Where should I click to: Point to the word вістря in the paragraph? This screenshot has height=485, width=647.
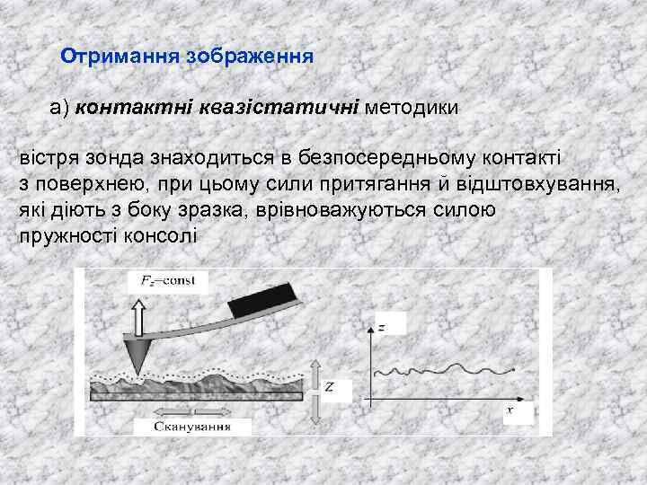click(50, 158)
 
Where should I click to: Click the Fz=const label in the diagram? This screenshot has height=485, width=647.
click(173, 282)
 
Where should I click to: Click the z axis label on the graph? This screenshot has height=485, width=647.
click(383, 328)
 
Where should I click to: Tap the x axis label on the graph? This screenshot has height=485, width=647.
click(510, 410)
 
